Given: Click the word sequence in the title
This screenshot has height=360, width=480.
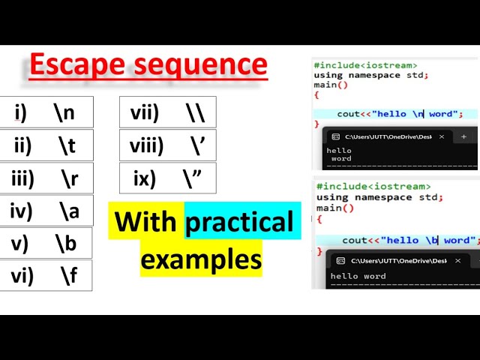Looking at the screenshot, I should [x=202, y=65].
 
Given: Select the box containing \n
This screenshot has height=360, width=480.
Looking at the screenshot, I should [x=46, y=112].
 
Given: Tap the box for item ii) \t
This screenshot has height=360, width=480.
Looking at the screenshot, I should [x=46, y=145].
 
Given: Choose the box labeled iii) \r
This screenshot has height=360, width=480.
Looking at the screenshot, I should [x=46, y=178].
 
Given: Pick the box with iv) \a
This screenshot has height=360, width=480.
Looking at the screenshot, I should [x=46, y=211].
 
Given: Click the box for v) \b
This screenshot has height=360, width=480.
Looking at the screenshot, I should [x=46, y=244].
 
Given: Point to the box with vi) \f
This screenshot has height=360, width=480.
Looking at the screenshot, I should [x=46, y=276].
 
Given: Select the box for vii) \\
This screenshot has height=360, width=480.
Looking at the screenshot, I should [x=167, y=112].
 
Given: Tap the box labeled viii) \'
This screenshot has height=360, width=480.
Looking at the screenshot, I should [x=167, y=145].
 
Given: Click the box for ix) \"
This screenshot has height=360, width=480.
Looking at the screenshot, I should [x=167, y=178].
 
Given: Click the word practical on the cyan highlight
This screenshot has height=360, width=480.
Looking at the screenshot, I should [x=239, y=221].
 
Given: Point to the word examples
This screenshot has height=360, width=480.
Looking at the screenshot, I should [x=201, y=259].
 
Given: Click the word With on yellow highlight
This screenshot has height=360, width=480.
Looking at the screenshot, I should [x=146, y=221].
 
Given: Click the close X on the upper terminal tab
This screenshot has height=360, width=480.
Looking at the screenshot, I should [x=442, y=136].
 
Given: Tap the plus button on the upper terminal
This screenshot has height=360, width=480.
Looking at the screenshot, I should [x=463, y=136].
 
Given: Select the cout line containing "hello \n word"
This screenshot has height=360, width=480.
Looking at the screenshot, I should [x=395, y=114].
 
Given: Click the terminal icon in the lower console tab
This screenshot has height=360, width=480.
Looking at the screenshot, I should [x=340, y=260].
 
